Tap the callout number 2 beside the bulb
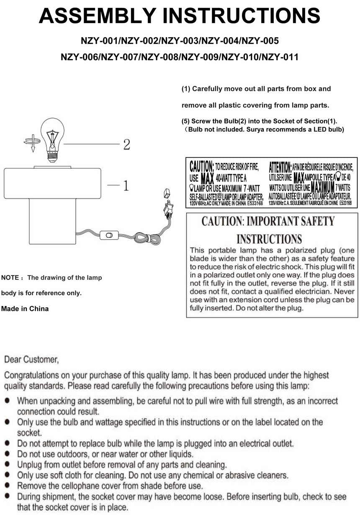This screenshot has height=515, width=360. coord(126,145)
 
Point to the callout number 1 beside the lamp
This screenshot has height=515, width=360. coord(125,185)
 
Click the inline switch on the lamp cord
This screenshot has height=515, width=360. coord(109,236)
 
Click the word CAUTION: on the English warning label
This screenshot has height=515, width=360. coord(202,166)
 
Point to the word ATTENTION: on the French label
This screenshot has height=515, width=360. coord(280,167)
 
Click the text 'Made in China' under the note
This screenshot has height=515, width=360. coord(25,309)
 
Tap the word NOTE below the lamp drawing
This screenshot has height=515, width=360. coord(10,278)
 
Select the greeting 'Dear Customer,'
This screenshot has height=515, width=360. coord(31,360)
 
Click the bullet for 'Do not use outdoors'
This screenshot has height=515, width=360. coord(8,453)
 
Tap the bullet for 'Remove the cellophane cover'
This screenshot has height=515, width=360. coord(8,486)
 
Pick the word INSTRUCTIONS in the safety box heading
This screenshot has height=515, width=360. coord(269,239)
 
